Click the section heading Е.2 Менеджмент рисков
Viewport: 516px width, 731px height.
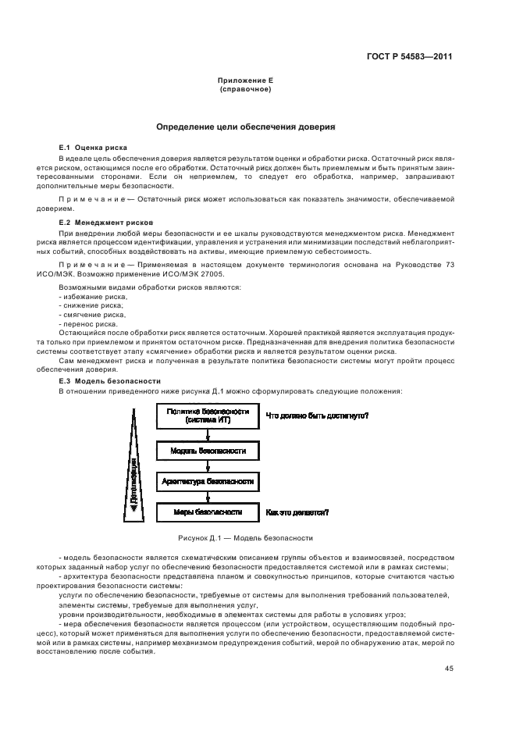click(101, 223)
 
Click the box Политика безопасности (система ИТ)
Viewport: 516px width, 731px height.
click(207, 415)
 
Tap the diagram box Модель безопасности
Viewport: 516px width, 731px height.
click(207, 451)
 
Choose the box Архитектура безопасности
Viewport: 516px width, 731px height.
click(207, 482)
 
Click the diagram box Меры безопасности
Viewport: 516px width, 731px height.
click(207, 512)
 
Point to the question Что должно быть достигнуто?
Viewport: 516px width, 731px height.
click(317, 415)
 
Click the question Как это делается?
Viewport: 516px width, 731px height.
click(297, 512)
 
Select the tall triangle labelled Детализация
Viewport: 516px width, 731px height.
click(133, 469)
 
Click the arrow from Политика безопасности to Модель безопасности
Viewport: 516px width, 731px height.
click(207, 434)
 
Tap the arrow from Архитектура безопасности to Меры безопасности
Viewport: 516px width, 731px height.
click(207, 497)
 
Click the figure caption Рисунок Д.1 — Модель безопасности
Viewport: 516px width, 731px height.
click(245, 538)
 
